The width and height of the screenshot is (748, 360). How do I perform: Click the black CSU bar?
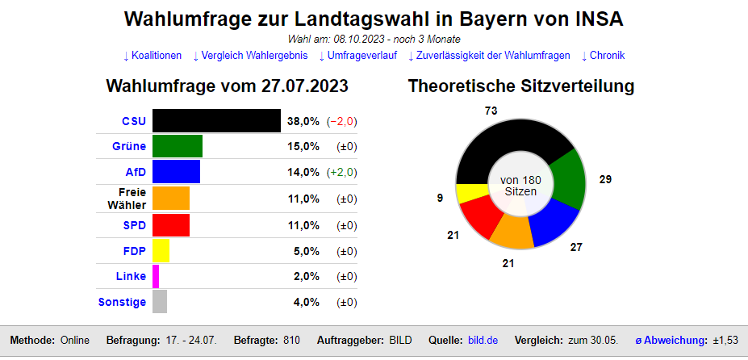(x=216, y=121)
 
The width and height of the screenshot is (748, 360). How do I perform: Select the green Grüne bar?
(x=178, y=146)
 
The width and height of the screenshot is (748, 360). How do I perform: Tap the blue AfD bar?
(x=176, y=172)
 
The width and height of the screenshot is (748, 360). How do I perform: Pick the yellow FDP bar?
(x=161, y=251)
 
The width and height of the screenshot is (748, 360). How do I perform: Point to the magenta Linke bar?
(x=156, y=277)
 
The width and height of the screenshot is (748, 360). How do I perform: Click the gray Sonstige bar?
(x=160, y=302)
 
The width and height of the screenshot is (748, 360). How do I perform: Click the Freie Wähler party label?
(x=127, y=199)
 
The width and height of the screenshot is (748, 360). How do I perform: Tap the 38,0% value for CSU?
(x=303, y=121)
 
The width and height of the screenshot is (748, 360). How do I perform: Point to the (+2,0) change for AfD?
(x=342, y=172)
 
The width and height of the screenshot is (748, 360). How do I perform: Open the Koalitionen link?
(x=152, y=56)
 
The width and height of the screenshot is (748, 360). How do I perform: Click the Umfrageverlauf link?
(x=357, y=56)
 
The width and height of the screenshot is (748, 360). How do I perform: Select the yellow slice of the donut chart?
(x=468, y=194)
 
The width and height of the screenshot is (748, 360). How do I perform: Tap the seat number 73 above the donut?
(x=491, y=110)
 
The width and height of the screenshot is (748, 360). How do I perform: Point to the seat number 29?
(x=605, y=179)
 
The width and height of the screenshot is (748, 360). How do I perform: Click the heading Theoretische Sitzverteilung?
(x=521, y=86)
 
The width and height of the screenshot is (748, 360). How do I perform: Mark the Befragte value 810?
(x=291, y=341)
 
